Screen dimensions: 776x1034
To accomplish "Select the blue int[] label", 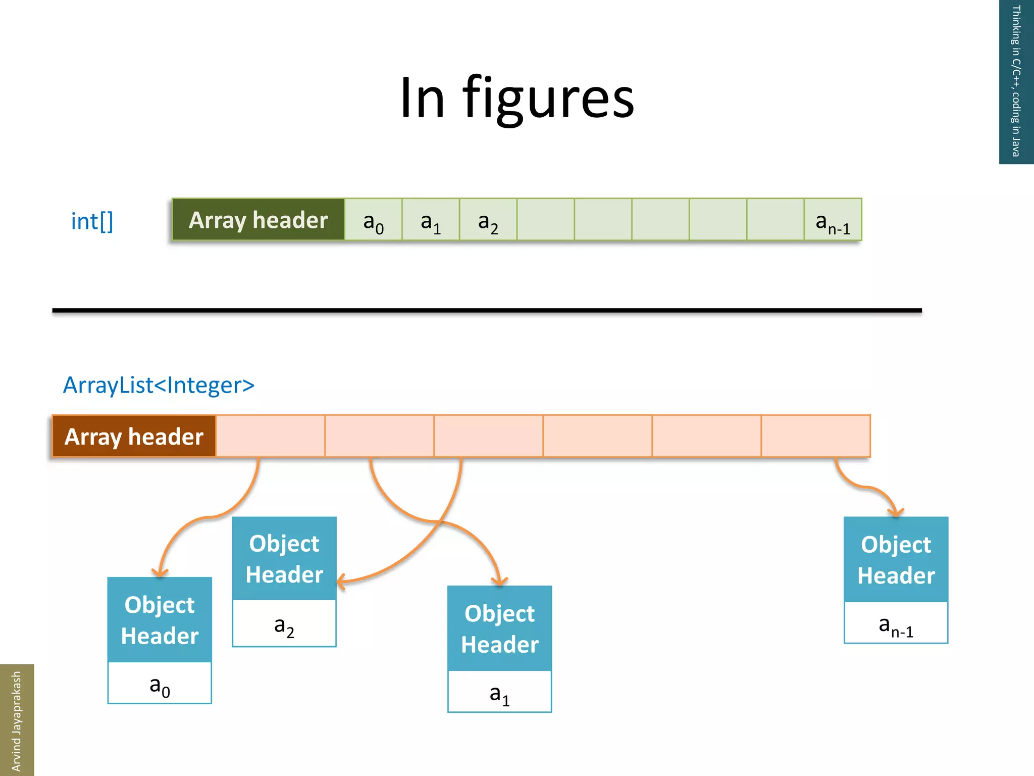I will pos(92,221).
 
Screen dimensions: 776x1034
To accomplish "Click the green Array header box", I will pos(258,220).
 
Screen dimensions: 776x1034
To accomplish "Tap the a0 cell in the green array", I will pos(373,220).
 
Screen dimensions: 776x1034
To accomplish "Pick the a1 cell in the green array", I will pos(431,220).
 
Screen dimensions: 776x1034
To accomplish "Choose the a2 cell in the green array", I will pos(488,220).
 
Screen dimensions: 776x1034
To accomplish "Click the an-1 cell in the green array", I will pos(833,220).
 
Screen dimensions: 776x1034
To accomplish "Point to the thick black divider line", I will pos(487,310).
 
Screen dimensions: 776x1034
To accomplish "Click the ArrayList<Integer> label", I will pos(159,385).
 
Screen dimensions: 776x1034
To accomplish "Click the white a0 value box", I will pos(160,683).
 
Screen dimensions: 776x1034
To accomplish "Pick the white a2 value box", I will pos(284,623).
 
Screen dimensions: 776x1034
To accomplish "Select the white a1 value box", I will pos(500,692).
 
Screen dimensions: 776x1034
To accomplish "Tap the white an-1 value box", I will pos(896,623).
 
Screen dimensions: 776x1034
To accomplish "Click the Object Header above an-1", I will pos(896,560).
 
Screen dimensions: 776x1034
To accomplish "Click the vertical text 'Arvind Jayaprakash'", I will pos(16,720).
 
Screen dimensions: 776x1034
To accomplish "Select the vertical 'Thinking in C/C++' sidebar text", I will pos(1016,81).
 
